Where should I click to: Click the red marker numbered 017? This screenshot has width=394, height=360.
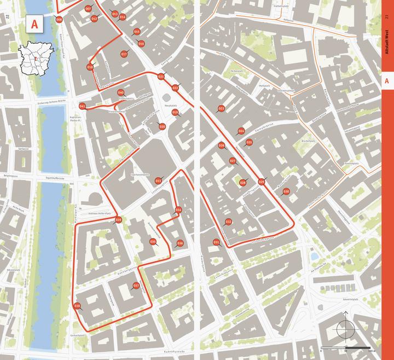click(x=124, y=54)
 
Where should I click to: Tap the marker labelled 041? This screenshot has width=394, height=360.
click(x=82, y=106)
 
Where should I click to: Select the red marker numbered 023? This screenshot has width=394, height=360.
click(x=221, y=109)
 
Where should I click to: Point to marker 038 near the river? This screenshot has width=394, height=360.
click(x=77, y=306)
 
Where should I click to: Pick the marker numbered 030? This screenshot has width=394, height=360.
click(x=286, y=191)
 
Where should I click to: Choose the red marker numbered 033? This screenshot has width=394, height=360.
click(x=158, y=181)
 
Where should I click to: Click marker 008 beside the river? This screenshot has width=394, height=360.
click(x=59, y=20)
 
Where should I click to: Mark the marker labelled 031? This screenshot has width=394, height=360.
click(x=216, y=242)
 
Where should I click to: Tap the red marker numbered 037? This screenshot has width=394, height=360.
click(x=136, y=285)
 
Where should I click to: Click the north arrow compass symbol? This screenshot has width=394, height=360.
click(x=346, y=329)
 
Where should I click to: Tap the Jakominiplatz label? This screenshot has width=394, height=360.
click(x=348, y=299)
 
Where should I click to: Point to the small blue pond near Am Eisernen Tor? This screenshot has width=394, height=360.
click(x=314, y=256)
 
